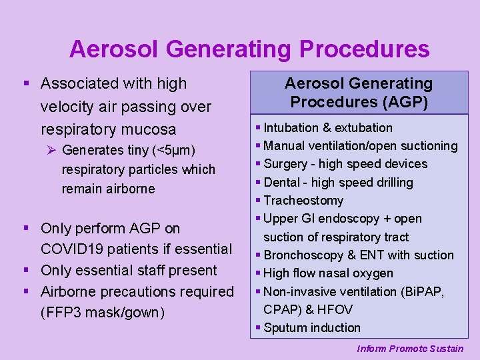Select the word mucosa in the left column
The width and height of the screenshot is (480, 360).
(x=151, y=129)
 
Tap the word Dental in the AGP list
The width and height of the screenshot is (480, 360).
(x=281, y=182)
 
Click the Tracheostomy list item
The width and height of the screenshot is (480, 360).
(x=303, y=201)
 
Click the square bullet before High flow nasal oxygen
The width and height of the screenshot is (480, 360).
(x=259, y=273)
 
